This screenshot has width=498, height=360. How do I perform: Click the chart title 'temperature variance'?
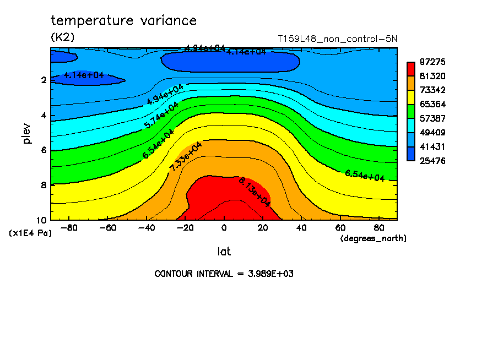click(x=123, y=21)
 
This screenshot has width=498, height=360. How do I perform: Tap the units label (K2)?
click(x=62, y=37)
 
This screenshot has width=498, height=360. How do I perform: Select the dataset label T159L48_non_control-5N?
click(x=337, y=39)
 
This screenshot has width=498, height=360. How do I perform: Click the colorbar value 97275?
click(x=432, y=62)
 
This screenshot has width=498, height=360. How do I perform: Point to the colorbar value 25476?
click(x=432, y=161)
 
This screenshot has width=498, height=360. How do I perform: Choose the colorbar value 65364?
click(x=432, y=104)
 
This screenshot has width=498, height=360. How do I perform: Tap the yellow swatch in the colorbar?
click(x=410, y=97)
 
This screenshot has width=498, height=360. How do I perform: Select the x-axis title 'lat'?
click(x=224, y=252)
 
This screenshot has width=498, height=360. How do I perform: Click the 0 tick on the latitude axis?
click(x=224, y=227)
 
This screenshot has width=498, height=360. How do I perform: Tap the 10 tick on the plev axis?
click(x=42, y=220)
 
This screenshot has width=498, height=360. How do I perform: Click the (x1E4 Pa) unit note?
click(x=30, y=233)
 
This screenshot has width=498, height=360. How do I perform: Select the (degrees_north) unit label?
click(x=373, y=238)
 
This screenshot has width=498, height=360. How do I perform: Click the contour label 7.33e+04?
click(x=186, y=156)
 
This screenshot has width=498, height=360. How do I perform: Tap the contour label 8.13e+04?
click(x=254, y=192)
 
